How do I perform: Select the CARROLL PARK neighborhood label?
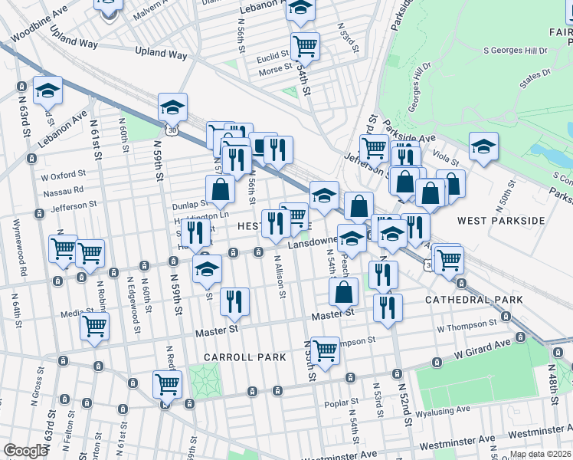click(244, 357)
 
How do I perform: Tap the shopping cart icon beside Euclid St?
click(305, 46)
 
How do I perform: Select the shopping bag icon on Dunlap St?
click(220, 189)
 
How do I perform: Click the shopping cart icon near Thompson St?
click(326, 350)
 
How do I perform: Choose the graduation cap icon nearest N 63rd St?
click(47, 90)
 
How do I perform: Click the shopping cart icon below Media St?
click(94, 326)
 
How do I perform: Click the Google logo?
click(25, 451)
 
